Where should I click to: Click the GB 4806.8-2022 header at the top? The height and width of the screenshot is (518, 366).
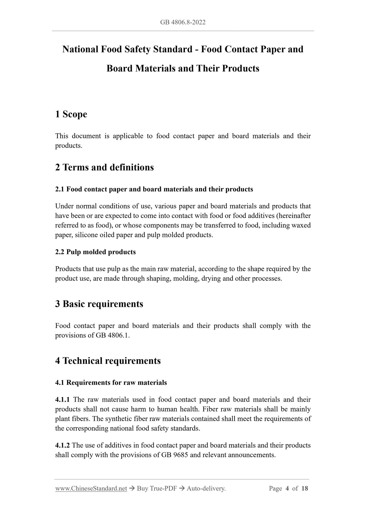[183, 22]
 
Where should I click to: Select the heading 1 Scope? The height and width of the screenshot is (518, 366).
[71, 114]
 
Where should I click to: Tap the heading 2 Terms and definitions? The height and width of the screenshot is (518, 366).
[104, 168]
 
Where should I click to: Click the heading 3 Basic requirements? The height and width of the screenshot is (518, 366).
[99, 304]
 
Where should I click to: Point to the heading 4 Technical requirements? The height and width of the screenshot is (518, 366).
[108, 361]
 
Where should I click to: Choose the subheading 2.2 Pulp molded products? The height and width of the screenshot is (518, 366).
[95, 252]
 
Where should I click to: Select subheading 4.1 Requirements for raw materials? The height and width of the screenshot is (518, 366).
[111, 382]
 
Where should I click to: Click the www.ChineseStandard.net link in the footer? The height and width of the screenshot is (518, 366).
[91, 488]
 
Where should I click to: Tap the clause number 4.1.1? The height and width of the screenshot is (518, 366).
[62, 400]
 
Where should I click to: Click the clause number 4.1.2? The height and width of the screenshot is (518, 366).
[62, 445]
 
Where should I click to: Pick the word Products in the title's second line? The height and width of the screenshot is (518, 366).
[241, 68]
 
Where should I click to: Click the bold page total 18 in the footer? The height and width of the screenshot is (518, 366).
[305, 488]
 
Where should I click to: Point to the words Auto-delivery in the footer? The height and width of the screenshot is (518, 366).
[206, 488]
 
